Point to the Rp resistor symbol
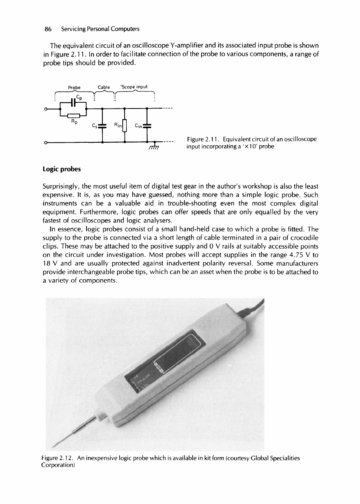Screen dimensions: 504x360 [73, 115]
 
